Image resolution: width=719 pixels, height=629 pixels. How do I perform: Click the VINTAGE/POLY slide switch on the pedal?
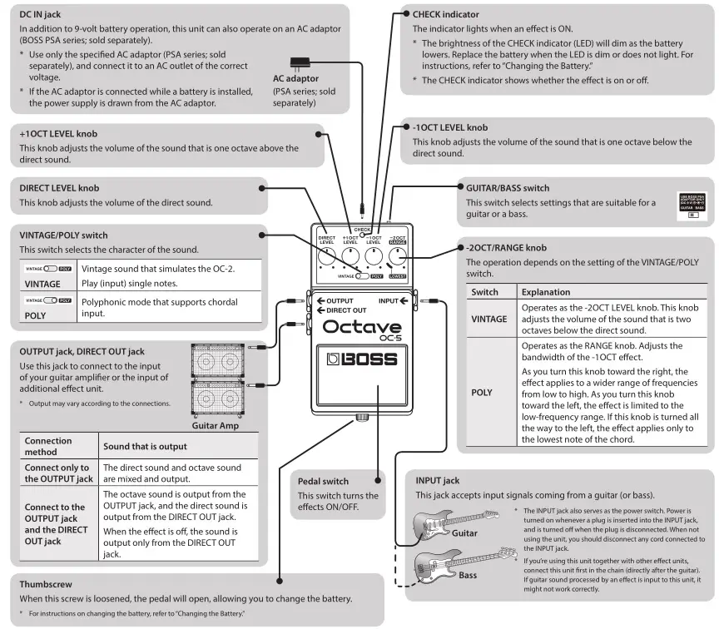[363, 275]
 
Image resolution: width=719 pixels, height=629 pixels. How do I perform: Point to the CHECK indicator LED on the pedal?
[362, 235]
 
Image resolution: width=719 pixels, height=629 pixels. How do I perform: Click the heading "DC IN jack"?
[46, 15]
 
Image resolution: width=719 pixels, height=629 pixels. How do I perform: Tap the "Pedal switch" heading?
[324, 481]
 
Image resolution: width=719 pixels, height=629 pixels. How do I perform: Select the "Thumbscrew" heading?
[46, 584]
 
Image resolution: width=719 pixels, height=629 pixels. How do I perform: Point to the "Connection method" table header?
[48, 446]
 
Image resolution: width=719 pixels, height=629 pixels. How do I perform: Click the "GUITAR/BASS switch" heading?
[508, 188]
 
